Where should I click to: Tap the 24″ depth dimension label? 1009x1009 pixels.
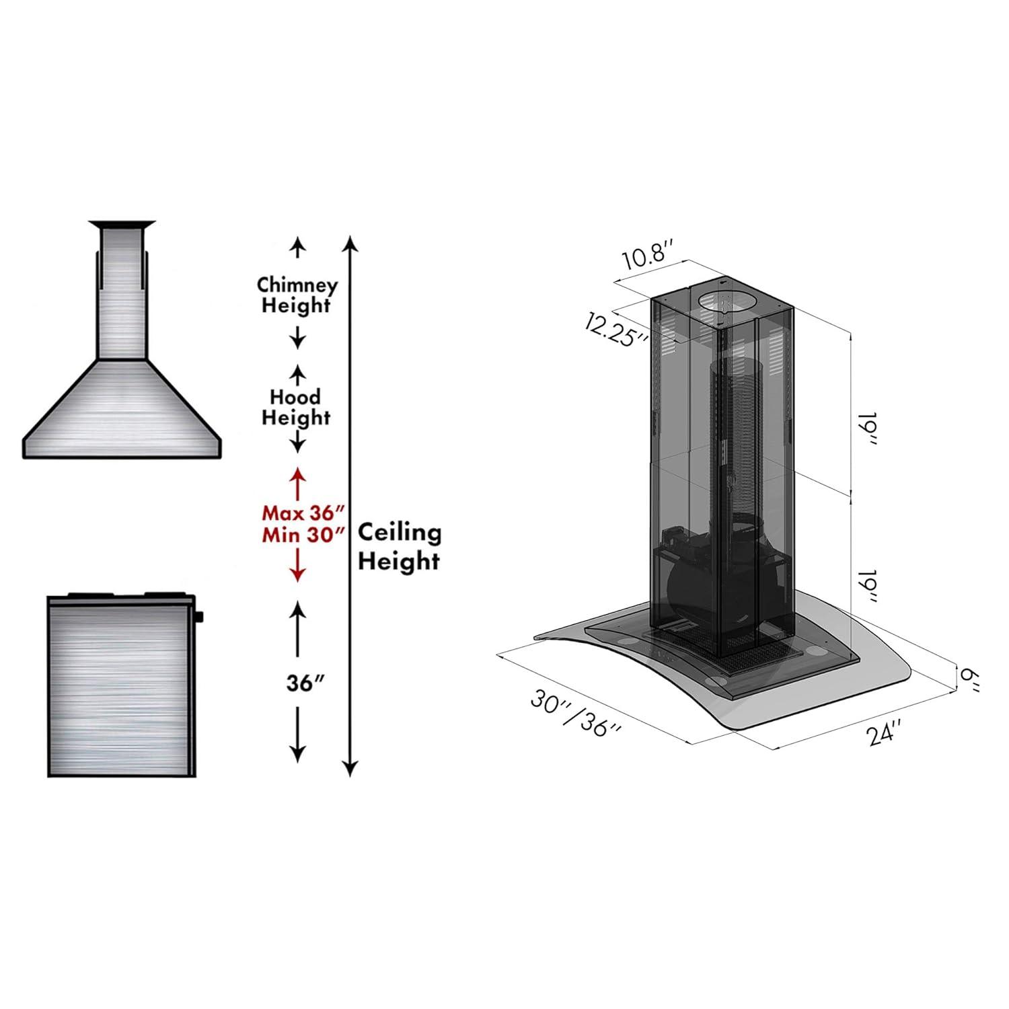click(x=884, y=733)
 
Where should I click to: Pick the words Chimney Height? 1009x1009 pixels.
click(x=297, y=295)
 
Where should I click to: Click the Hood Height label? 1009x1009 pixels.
click(x=296, y=407)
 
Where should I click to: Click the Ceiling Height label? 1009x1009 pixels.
click(x=399, y=546)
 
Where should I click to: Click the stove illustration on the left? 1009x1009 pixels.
click(x=121, y=686)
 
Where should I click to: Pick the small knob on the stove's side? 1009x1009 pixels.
click(x=200, y=615)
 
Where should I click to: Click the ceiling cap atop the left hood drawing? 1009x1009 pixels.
click(x=122, y=224)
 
